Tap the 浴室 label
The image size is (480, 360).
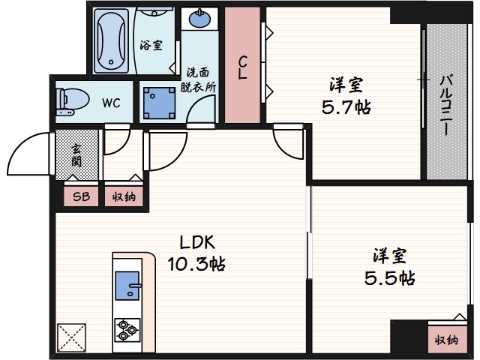coord(151,45)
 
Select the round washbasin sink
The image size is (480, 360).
coord(199,19)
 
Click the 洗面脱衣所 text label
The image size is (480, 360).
coord(199,79)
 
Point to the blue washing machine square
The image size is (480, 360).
coord(158,101)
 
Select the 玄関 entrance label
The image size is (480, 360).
coord(77,154)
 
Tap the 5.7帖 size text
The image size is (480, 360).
coord(346,106)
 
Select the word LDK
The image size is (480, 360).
coord(196,243)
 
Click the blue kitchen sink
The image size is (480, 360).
coord(128,284)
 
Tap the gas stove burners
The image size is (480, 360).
coord(127,328)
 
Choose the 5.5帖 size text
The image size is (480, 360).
coord(389,278)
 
